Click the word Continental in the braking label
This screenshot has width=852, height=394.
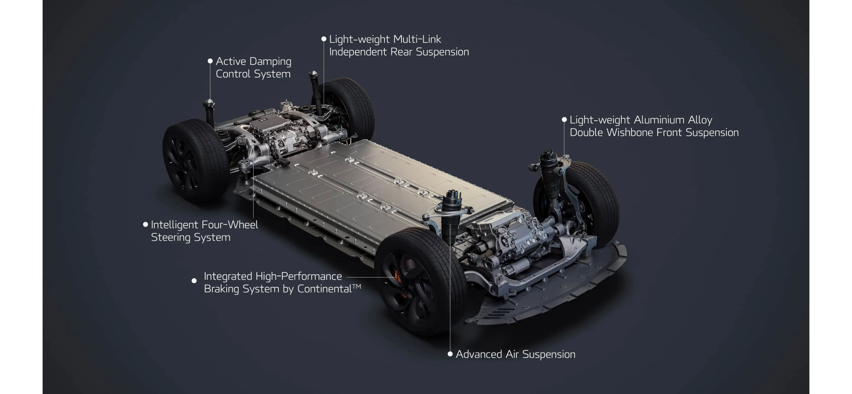click(x=324, y=289)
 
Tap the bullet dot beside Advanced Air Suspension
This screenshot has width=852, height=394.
click(x=450, y=354)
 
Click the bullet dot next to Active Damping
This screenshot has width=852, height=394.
click(x=210, y=61)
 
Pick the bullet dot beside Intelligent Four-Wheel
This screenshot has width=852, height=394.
click(x=145, y=224)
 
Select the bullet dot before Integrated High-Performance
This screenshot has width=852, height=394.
click(x=194, y=280)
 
